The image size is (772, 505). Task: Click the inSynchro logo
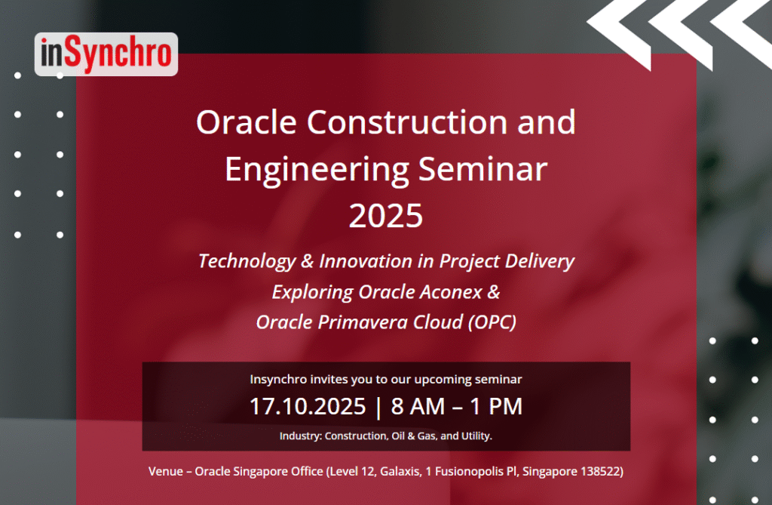click(x=106, y=54)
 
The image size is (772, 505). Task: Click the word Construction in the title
click(x=407, y=122)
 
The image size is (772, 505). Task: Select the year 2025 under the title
click(x=386, y=216)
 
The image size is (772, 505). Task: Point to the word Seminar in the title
click(x=483, y=168)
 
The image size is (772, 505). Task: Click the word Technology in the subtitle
click(x=247, y=261)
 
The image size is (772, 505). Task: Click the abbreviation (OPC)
click(x=492, y=322)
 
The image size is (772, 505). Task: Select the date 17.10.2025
click(x=308, y=406)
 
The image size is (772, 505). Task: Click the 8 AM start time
click(x=418, y=406)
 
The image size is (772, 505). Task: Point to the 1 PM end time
click(x=496, y=406)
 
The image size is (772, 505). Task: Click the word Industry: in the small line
click(x=301, y=436)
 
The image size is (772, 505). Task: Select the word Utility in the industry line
click(x=476, y=436)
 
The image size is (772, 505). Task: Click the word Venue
click(x=166, y=472)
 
